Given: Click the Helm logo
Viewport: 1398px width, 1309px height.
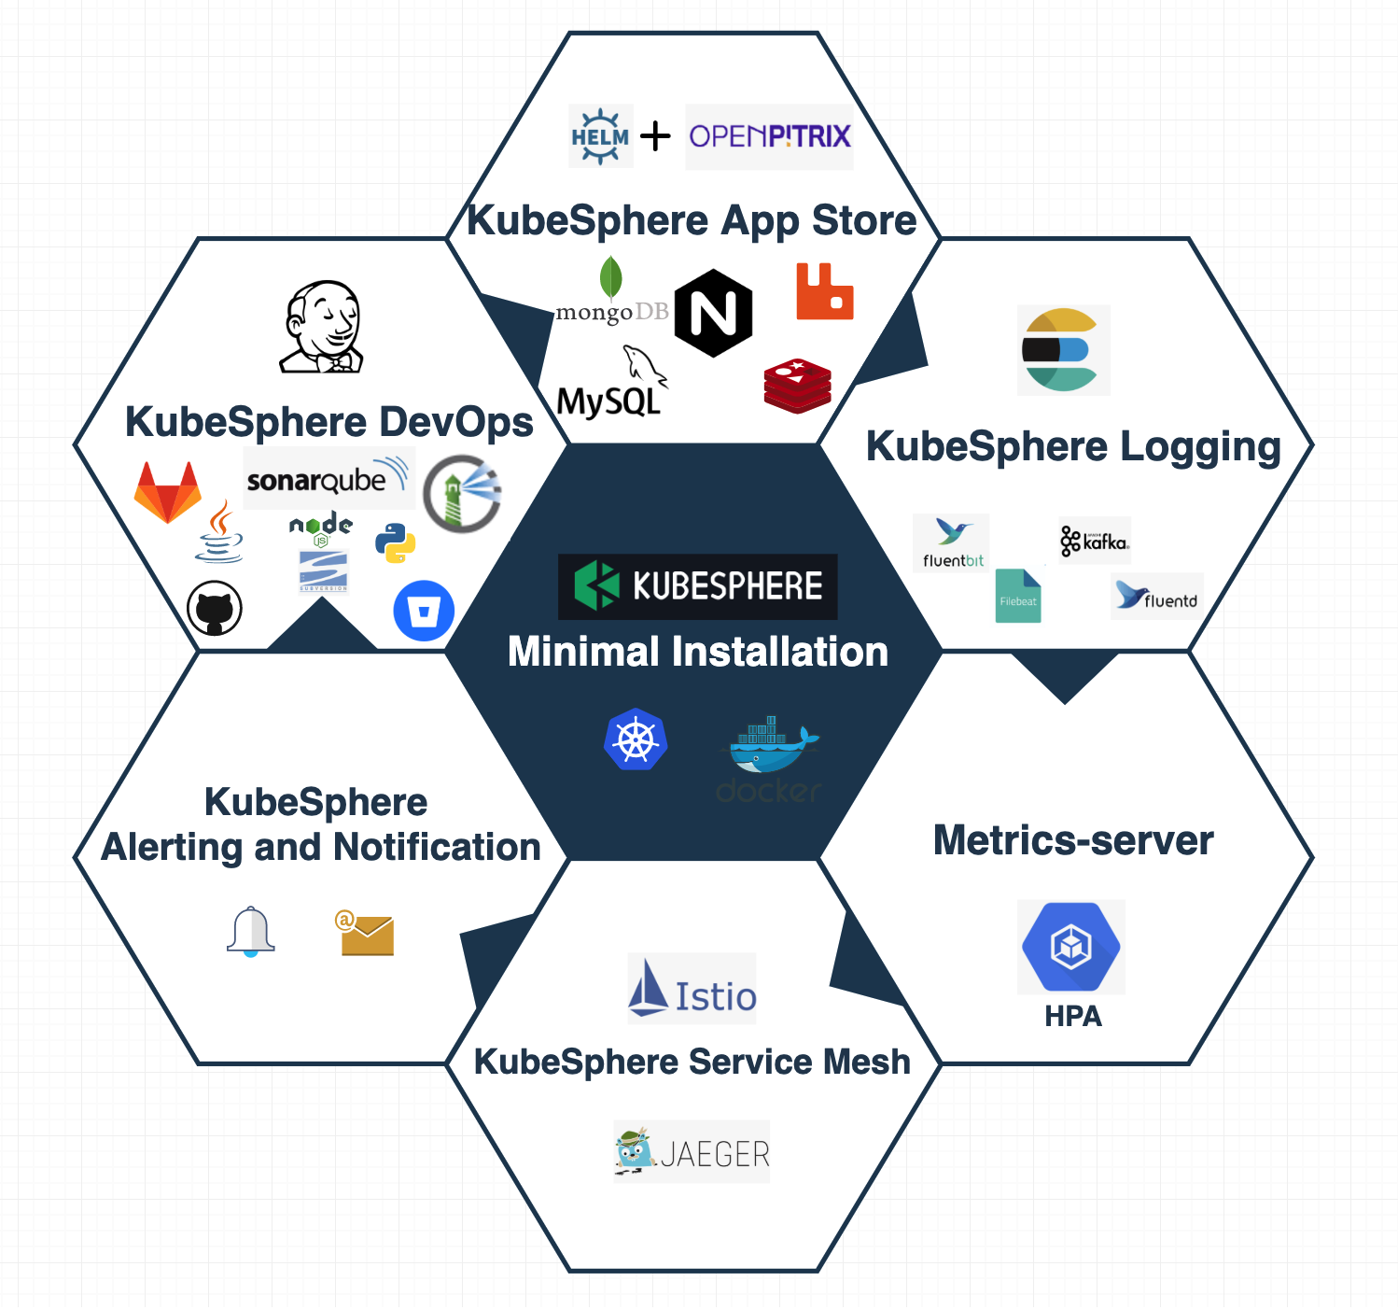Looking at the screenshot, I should pos(600,136).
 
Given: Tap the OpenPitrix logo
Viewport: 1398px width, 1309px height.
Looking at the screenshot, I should pos(770,136).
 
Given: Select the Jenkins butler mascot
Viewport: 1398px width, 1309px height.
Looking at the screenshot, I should pos(322,327).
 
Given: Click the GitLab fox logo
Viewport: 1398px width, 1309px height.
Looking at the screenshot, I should pos(168,492).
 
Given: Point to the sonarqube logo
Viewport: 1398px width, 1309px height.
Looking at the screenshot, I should pos(327,477).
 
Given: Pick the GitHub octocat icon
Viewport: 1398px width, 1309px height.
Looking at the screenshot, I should pos(215,609).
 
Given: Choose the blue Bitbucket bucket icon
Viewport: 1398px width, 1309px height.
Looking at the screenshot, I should pos(424,612).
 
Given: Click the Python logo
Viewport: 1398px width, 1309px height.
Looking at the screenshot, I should pos(396,542).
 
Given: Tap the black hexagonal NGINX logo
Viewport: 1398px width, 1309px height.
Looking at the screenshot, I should pos(714,314).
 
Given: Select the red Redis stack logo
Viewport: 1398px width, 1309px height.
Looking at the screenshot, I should pos(798,386).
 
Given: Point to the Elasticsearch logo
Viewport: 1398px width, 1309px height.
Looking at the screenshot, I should pos(1063,350).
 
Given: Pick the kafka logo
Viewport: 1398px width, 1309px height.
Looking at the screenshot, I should pos(1095,541).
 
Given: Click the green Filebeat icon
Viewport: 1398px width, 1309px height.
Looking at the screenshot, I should pos(1018,596).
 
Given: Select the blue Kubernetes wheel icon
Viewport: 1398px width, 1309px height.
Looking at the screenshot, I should pos(636,739).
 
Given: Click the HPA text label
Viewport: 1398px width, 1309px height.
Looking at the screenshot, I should pos(1073,1016).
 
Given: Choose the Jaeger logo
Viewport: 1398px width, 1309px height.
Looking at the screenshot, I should pos(692,1152).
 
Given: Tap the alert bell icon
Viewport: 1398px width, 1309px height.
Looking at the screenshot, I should pos(251,931).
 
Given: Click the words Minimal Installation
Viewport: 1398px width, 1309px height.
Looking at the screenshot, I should pos(698,652).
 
